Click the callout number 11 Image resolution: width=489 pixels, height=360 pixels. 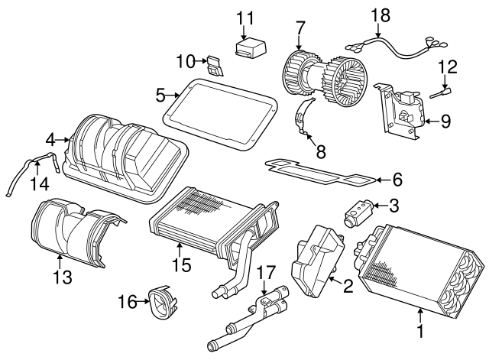(244, 17)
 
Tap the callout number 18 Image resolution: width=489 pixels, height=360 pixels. (380, 14)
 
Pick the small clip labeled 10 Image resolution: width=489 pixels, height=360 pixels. (216, 65)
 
